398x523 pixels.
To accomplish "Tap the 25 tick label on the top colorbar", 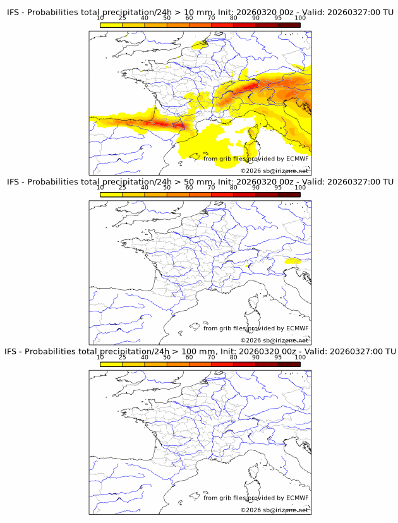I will coord(122,18).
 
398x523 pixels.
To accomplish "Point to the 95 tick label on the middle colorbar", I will coord(278,188).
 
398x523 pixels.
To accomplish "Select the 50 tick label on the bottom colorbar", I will coord(167,357).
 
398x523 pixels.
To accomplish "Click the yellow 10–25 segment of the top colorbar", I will coord(111,25).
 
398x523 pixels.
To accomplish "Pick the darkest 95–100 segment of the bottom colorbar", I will coord(289,364).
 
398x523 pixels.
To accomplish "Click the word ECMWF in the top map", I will coord(298,159).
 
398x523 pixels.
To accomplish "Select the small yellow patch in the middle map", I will coord(292,260).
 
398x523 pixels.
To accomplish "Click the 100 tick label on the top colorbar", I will coord(300,18).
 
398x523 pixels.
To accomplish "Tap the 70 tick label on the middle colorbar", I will coord(211,188).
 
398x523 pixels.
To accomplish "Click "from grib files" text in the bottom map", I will coord(226,498).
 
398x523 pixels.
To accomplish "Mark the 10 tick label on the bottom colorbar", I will coord(100,357).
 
